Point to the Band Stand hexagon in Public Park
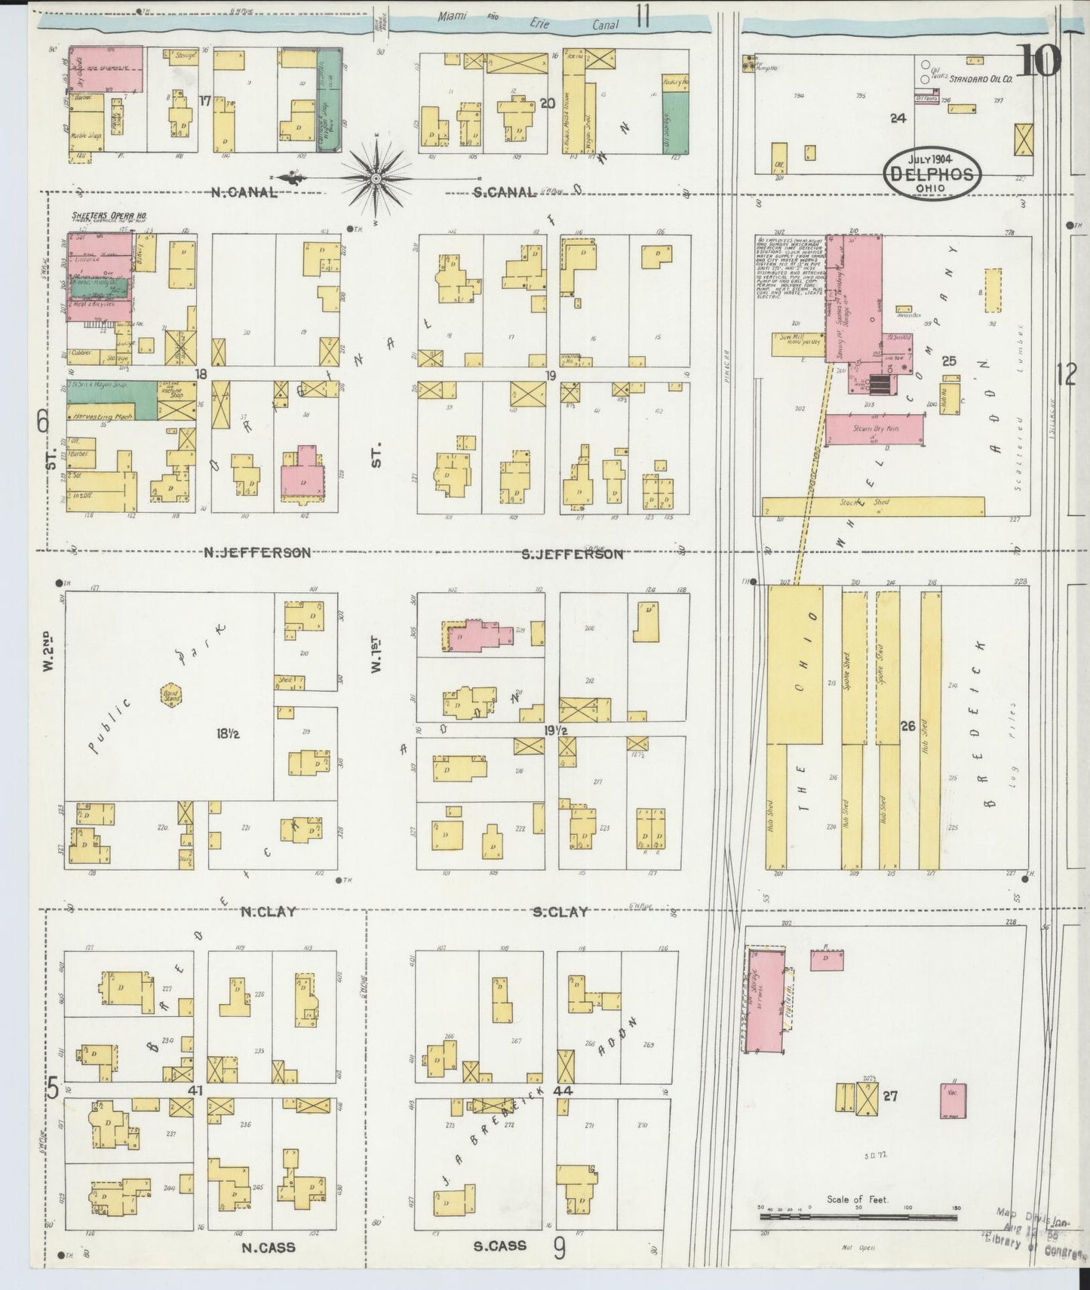(x=172, y=695)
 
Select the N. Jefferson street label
(x=256, y=553)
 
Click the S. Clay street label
(x=560, y=912)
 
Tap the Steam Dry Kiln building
(x=874, y=429)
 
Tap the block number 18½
(x=224, y=733)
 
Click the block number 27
(x=890, y=1095)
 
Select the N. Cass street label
(x=268, y=1247)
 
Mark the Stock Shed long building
(x=873, y=505)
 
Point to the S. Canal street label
(x=505, y=193)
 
